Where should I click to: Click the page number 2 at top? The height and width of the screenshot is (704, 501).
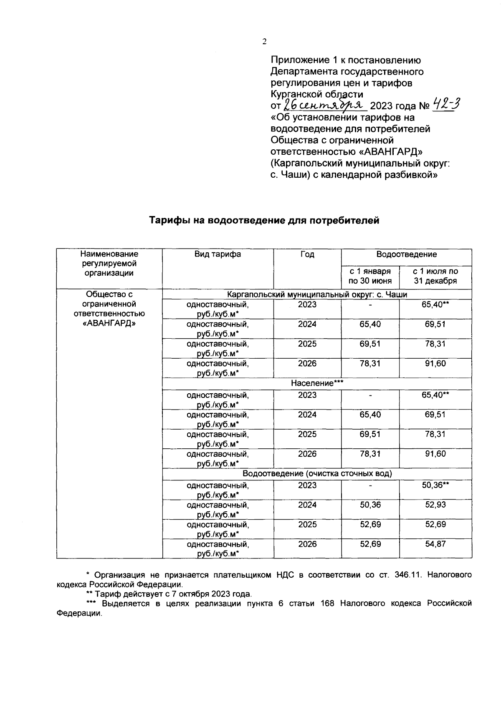[264, 41]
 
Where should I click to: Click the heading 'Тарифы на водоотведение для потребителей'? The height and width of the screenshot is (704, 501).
[264, 221]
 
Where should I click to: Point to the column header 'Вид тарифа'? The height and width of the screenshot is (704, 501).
[218, 254]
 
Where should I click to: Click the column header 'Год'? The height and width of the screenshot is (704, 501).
[307, 254]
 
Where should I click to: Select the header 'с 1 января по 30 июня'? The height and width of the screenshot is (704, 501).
[370, 276]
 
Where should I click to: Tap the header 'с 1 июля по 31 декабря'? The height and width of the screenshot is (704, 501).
[435, 276]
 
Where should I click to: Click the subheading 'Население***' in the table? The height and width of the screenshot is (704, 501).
[317, 383]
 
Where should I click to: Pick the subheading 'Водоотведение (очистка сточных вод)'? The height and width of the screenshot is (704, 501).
[317, 473]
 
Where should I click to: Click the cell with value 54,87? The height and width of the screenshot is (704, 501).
[435, 544]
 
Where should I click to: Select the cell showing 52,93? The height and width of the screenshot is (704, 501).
[435, 505]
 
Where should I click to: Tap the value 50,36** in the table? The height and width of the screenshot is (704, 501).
[435, 485]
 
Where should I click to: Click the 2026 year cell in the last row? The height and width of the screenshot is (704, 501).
[307, 544]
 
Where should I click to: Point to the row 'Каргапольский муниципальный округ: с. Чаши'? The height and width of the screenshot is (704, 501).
[317, 294]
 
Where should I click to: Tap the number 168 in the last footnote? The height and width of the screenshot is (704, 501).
[327, 603]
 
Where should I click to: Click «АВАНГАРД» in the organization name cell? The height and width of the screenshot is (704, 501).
[109, 323]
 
